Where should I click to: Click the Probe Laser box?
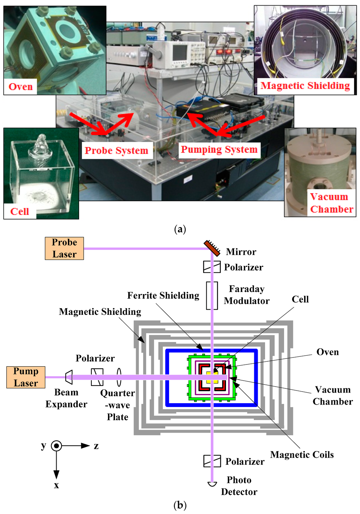coord(64,248)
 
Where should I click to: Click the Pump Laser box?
coord(26,377)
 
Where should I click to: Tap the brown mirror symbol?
coord(212,248)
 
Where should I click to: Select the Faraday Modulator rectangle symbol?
coord(212,296)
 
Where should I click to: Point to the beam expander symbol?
coord(69,377)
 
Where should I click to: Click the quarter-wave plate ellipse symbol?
coord(119,377)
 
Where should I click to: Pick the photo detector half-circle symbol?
coord(212,484)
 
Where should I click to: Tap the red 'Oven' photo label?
coord(20,87)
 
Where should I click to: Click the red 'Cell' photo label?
coord(20,211)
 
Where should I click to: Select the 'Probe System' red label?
coord(116,151)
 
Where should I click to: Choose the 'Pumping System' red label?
coord(219,150)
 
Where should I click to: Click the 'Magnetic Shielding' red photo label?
coord(305,86)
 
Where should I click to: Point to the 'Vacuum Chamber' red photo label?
coord(332,203)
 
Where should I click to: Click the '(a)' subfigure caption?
coord(180,229)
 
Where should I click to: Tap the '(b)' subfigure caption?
coord(180,505)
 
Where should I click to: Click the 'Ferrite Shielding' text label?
coord(163,296)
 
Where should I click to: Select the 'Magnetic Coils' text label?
coord(302,455)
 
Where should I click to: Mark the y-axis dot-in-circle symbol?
coord(56,446)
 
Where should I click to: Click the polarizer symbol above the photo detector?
coord(212,461)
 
